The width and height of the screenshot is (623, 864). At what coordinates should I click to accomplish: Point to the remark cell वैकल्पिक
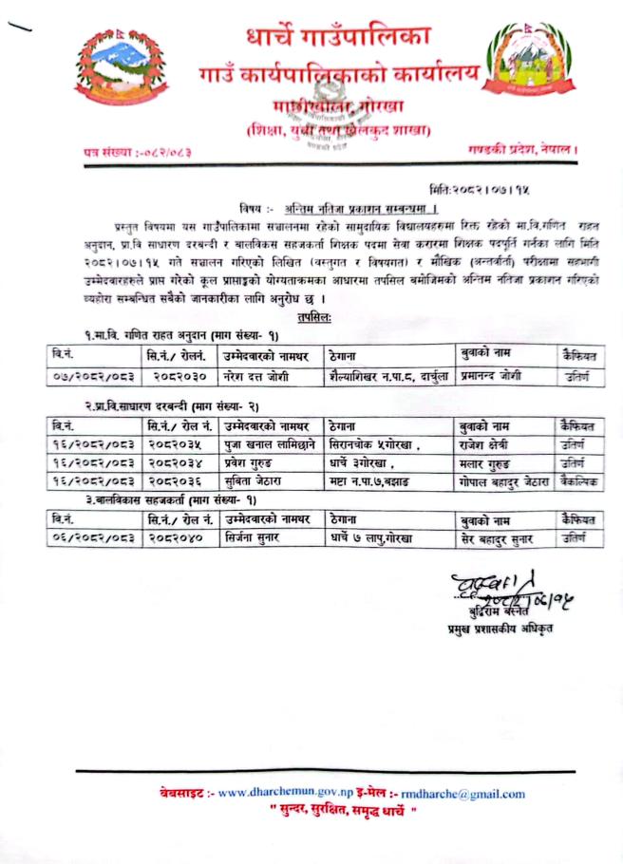pyautogui.click(x=579, y=482)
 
